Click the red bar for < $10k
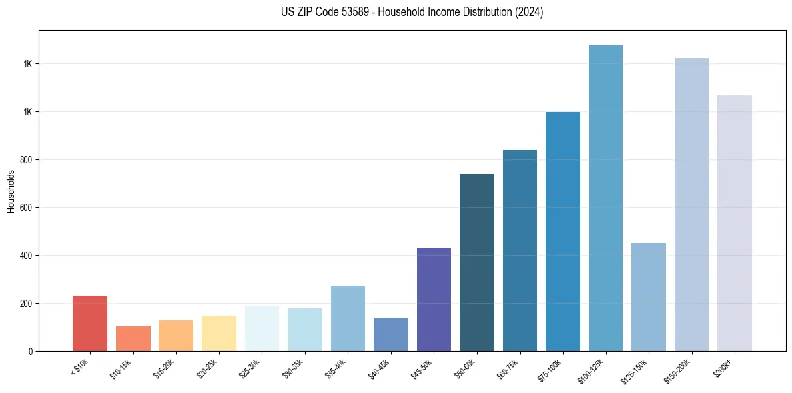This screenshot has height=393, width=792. (x=90, y=323)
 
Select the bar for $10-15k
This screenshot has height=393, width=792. (x=133, y=338)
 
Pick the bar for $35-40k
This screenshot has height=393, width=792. (x=348, y=318)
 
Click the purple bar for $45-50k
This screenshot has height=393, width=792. (x=434, y=300)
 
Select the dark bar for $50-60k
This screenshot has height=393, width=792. (x=477, y=262)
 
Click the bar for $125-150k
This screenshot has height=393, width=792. (x=648, y=297)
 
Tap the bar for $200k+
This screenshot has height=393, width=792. (x=734, y=223)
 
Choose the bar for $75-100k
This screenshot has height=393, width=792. (x=563, y=231)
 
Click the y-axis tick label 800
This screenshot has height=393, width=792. (x=27, y=160)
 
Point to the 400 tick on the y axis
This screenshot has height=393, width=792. (x=27, y=256)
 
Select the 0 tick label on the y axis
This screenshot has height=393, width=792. (x=31, y=351)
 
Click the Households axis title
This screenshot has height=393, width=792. (x=11, y=191)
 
